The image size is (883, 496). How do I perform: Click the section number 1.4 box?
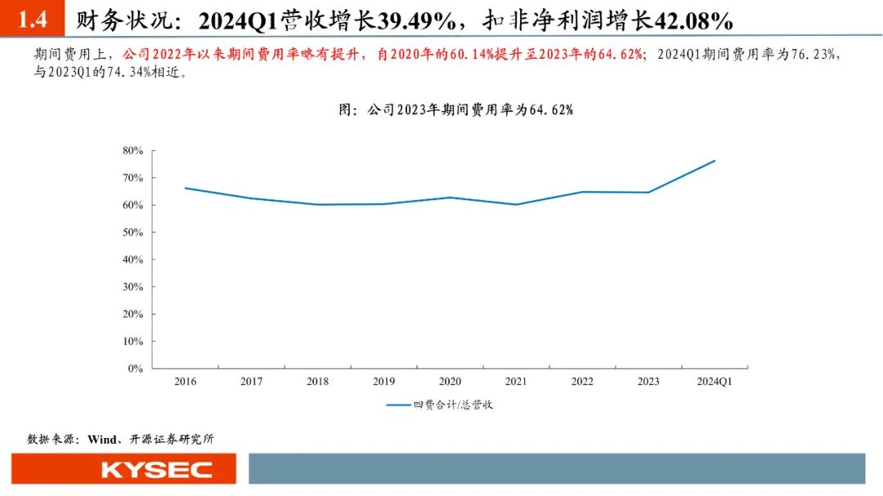click(x=32, y=18)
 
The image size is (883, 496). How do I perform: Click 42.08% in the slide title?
click(x=687, y=19)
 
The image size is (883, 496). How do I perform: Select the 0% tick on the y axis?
click(x=136, y=369)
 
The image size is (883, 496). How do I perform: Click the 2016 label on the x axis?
click(x=186, y=382)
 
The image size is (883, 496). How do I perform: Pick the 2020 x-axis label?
click(x=450, y=382)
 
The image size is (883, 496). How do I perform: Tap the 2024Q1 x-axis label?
click(x=715, y=382)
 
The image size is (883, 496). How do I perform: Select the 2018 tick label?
click(x=318, y=382)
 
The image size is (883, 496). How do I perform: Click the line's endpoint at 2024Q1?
click(x=715, y=160)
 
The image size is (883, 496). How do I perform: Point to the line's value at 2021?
click(x=516, y=204)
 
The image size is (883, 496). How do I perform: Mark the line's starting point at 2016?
click(x=186, y=188)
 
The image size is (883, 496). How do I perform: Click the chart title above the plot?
click(x=455, y=109)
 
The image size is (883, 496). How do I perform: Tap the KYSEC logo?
click(x=156, y=470)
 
